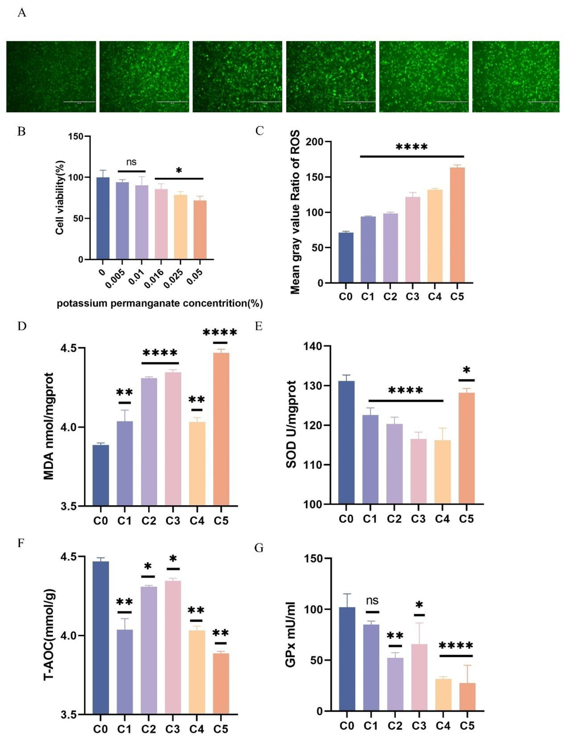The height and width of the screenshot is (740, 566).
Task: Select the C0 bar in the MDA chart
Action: tap(101, 475)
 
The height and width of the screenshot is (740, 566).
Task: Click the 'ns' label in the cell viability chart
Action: tap(131, 162)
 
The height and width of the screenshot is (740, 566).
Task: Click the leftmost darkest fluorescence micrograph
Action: tap(51, 77)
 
